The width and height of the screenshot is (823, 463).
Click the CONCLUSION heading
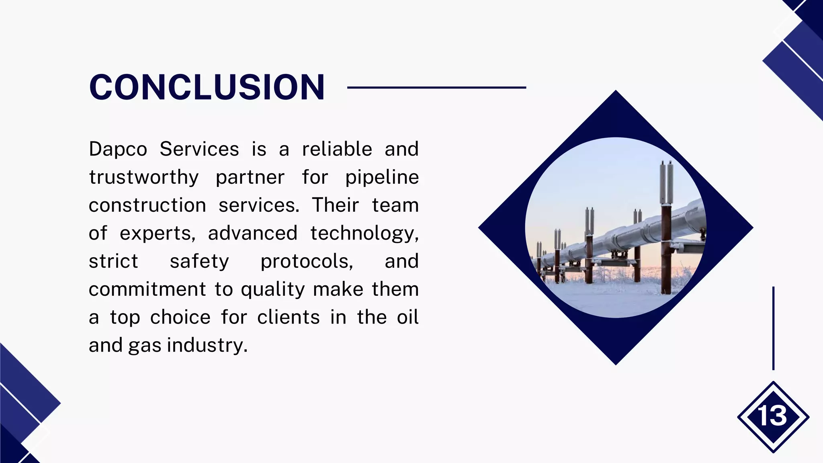tap(207, 87)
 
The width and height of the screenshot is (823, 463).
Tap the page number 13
tap(772, 416)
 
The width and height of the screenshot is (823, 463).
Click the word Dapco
tap(118, 150)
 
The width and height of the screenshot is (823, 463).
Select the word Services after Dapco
tap(199, 149)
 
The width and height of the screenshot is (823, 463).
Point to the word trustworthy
tap(143, 178)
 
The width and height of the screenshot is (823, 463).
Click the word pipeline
tap(382, 178)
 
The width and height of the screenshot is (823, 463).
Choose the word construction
tap(147, 205)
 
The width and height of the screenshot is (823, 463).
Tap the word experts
tap(157, 234)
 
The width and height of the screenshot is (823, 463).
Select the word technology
tap(364, 234)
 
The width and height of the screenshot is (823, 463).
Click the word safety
tap(199, 262)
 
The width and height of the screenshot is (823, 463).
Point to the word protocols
tap(307, 262)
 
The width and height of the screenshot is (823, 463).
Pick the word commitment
tap(147, 289)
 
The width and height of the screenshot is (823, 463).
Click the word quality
tap(273, 290)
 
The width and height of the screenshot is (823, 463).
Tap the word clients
tap(289, 318)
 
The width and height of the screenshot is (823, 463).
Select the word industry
tap(207, 346)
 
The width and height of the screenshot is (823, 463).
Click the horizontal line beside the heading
tap(436, 87)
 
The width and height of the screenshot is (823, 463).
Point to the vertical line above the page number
tap(773, 328)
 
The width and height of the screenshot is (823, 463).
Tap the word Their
tap(335, 205)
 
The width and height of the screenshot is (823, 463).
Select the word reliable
tap(337, 149)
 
